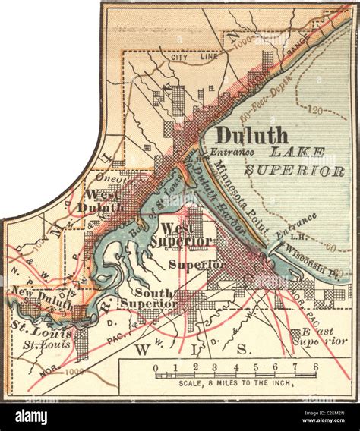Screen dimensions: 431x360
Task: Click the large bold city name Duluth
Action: pos(251,136)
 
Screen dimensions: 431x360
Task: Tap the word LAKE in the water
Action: pos(311,153)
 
